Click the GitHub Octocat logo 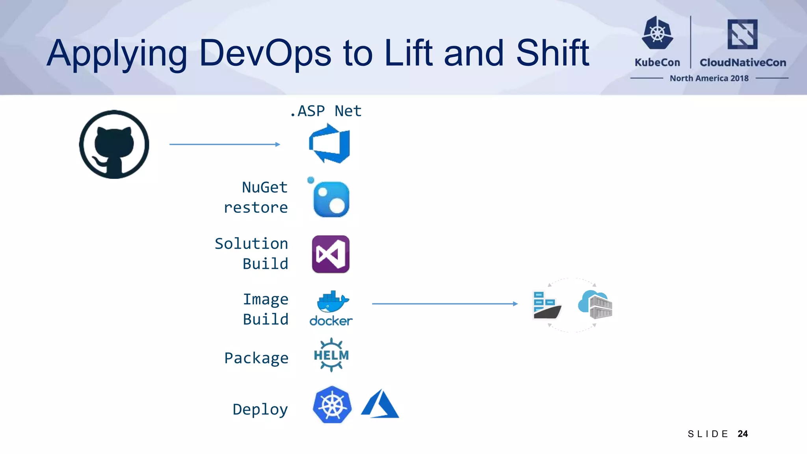(x=114, y=144)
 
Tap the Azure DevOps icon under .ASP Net (x=329, y=143)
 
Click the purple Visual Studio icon (x=331, y=254)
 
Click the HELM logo (x=331, y=355)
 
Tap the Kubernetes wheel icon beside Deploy (x=332, y=405)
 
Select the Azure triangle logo (x=379, y=404)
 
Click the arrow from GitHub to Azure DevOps (x=225, y=144)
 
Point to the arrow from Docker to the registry (x=444, y=303)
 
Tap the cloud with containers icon (x=595, y=304)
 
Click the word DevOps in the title (x=265, y=53)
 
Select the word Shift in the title (x=552, y=53)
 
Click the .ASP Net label (x=325, y=111)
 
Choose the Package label (x=256, y=358)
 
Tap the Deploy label (x=260, y=409)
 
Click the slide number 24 (x=742, y=434)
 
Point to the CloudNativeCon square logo (x=742, y=34)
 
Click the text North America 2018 (x=709, y=78)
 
